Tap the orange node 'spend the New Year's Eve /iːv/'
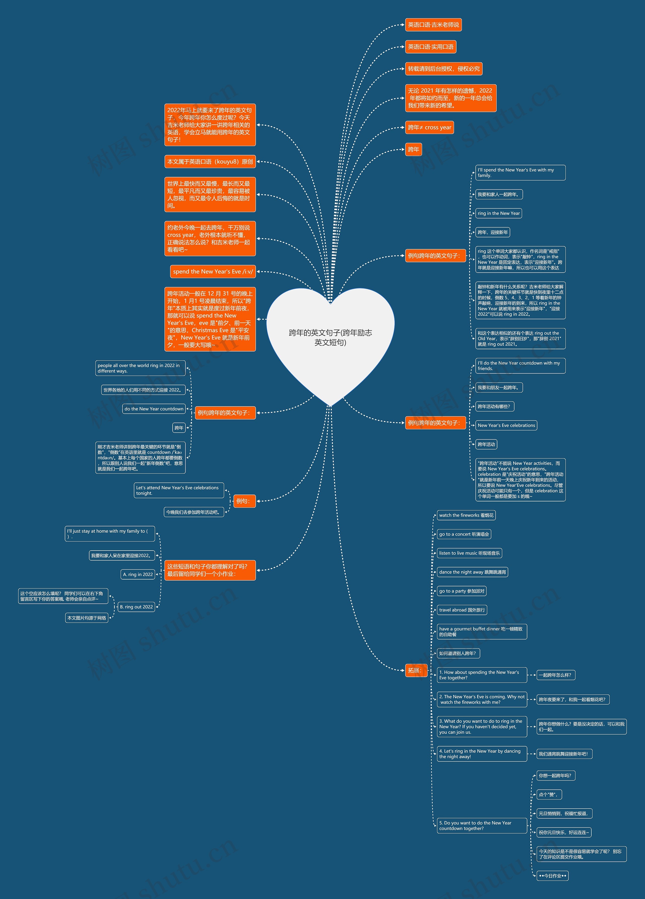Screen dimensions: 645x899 (x=213, y=272)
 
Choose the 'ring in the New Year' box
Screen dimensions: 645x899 (x=499, y=213)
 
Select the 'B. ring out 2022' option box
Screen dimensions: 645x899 (x=136, y=607)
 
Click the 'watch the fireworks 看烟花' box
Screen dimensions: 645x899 (x=466, y=515)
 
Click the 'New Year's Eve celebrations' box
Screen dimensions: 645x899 (x=506, y=425)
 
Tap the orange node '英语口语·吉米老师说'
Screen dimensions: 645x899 (x=433, y=25)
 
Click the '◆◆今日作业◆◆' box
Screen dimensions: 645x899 (x=553, y=876)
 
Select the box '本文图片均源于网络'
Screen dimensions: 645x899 (x=87, y=618)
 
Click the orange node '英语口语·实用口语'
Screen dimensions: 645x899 (x=431, y=47)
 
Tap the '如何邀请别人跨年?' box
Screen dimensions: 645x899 (x=458, y=653)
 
